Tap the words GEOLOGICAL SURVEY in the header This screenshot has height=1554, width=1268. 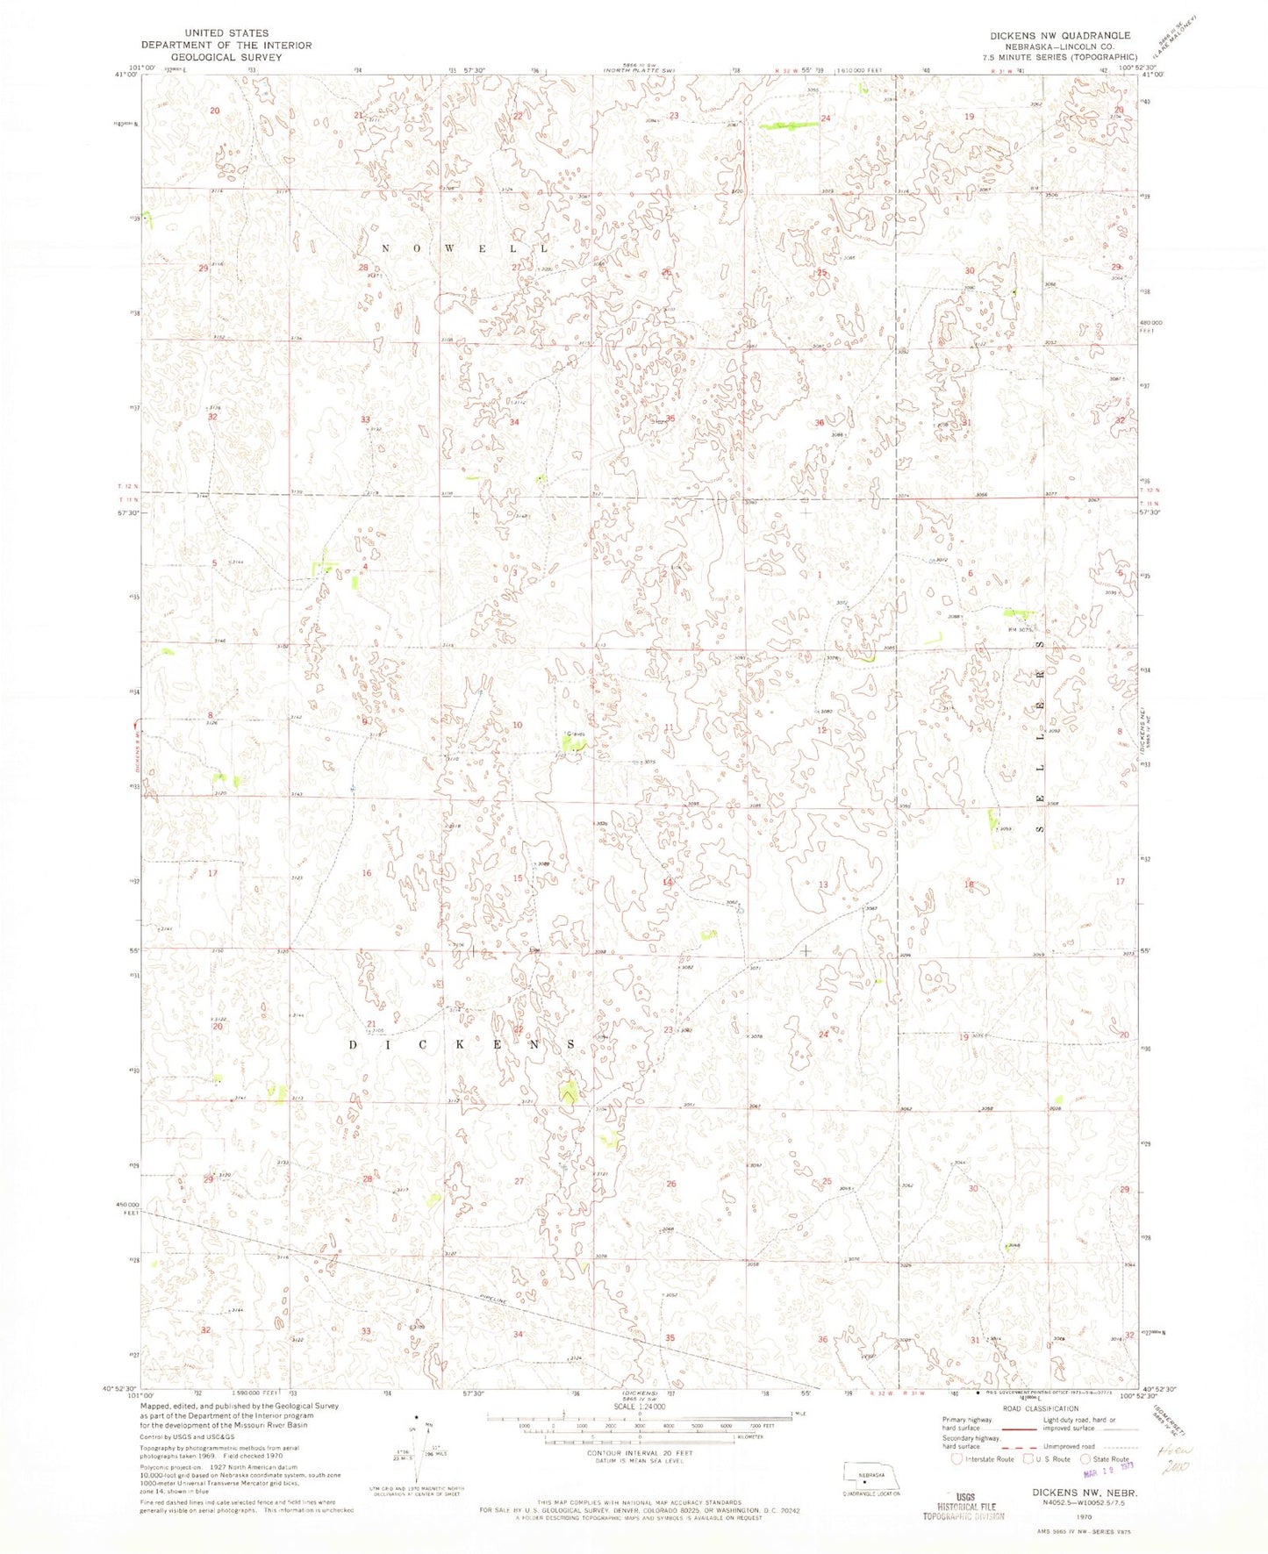(226, 57)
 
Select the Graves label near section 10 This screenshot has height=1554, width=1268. (576, 734)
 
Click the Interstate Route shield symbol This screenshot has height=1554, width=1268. (957, 1459)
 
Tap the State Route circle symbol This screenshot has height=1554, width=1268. (1086, 1459)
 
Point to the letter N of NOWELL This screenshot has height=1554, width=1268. (387, 249)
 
